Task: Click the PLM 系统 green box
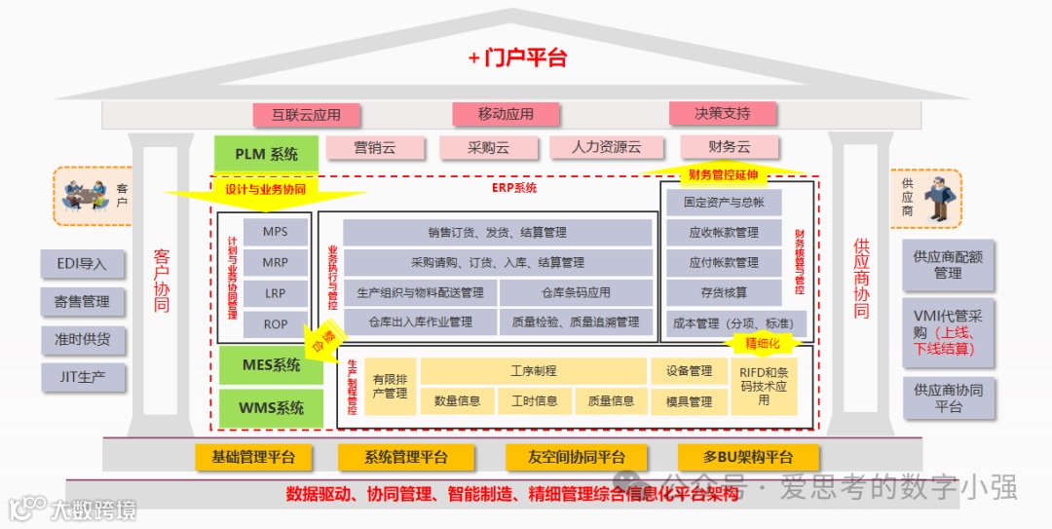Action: click(266, 154)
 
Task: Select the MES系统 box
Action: click(270, 365)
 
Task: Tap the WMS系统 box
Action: click(270, 408)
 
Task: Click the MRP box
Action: click(276, 263)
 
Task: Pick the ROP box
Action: click(276, 323)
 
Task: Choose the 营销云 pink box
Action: click(375, 147)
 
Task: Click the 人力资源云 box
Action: click(606, 147)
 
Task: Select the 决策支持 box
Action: click(722, 113)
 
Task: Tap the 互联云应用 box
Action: click(306, 114)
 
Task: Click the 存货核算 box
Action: click(724, 292)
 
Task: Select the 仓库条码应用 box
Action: click(576, 292)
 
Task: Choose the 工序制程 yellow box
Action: click(533, 371)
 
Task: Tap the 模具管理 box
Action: click(689, 400)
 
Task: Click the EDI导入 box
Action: click(82, 263)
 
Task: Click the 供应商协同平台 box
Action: click(948, 397)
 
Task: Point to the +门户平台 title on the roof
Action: click(517, 57)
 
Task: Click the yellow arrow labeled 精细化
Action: click(765, 343)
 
